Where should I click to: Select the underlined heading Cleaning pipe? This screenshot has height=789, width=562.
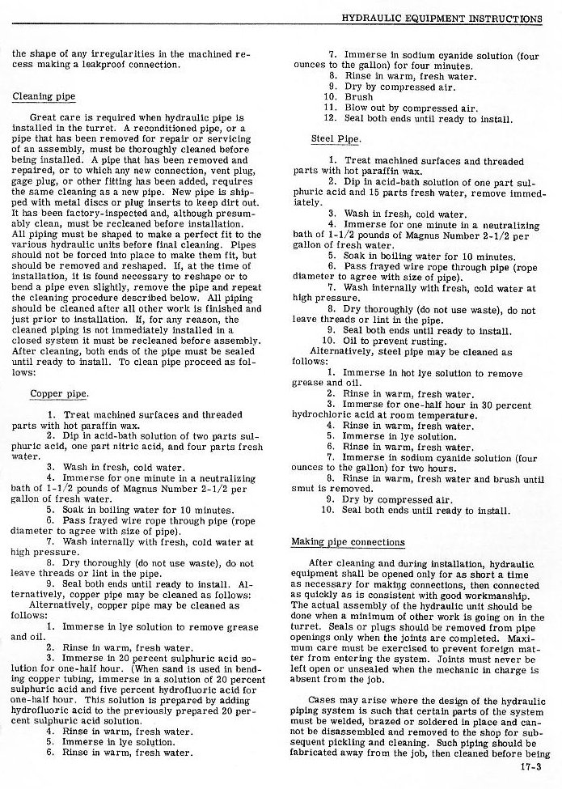(44, 97)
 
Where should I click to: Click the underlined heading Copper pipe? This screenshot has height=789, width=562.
(59, 394)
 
